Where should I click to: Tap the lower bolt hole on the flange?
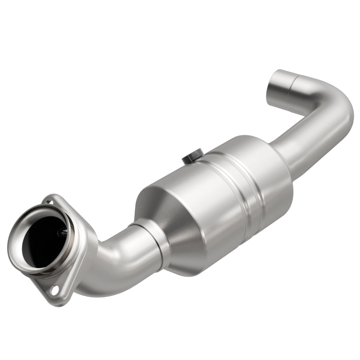(x=54, y=291)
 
